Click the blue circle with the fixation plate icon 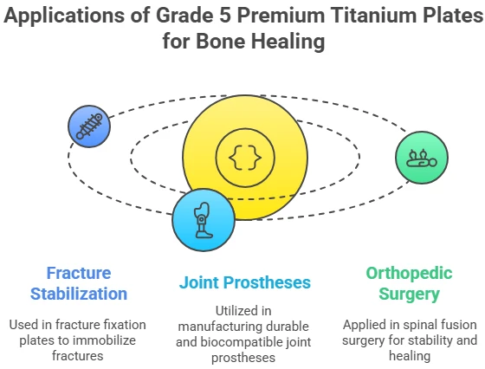click(x=89, y=126)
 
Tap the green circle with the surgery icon click(x=422, y=158)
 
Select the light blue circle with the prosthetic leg click(x=204, y=220)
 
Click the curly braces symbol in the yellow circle click(x=245, y=158)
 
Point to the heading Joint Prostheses click(x=244, y=282)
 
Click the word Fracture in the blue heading click(x=79, y=273)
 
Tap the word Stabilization click(x=79, y=294)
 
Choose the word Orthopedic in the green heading click(x=409, y=274)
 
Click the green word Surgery click(x=409, y=295)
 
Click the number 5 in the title click(x=225, y=15)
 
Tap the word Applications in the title click(x=64, y=16)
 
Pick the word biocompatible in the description click(x=242, y=342)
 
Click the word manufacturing click(x=217, y=327)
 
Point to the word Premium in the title click(x=281, y=15)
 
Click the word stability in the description click(x=432, y=340)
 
